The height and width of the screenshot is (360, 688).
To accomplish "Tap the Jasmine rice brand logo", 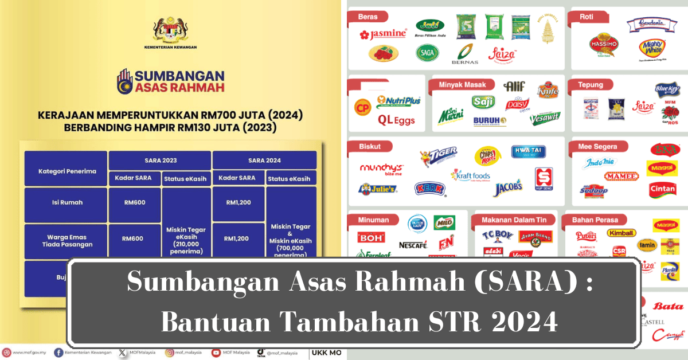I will point(382,34).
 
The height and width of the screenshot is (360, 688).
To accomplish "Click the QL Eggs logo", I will point(396,121).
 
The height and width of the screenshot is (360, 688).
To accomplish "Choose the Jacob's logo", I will point(509,186).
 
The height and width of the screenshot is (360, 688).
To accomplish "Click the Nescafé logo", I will point(413,245).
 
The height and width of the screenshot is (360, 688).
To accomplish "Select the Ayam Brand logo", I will point(535,236).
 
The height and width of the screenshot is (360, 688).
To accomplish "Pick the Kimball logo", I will point(621,233).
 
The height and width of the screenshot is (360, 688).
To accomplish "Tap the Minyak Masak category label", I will point(462,85).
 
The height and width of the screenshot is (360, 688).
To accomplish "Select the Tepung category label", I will point(591,85).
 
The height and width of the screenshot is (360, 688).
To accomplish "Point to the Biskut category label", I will point(370,146).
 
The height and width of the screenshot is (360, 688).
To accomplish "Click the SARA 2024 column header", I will point(264,160).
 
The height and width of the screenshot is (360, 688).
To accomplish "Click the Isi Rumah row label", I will point(66,202).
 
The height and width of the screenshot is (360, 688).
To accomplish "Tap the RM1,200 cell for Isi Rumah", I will point(239,202).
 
